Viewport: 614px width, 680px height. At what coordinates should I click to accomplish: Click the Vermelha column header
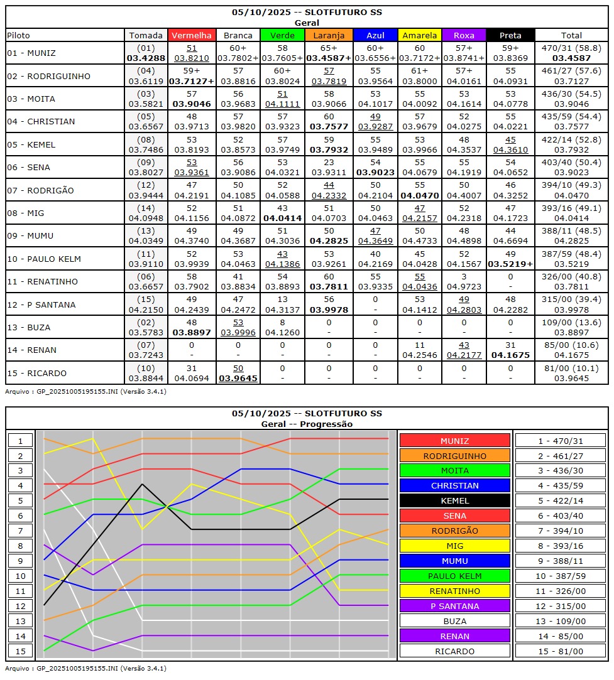tap(192, 36)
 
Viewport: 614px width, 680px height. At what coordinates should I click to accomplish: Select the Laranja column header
tap(329, 36)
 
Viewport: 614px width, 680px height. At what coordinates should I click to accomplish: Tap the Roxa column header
tap(465, 36)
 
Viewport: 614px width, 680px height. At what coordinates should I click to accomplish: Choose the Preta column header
tap(510, 36)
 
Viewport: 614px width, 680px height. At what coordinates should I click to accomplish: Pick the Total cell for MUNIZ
tap(571, 53)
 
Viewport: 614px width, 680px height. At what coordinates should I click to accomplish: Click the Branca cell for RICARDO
tap(238, 373)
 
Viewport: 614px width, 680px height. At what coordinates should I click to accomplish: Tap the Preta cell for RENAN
tap(510, 350)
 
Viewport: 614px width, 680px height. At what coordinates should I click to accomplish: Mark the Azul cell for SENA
tap(375, 167)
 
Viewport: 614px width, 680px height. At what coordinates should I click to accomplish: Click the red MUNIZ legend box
tap(454, 441)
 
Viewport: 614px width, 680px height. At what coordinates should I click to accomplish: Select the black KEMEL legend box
tap(454, 500)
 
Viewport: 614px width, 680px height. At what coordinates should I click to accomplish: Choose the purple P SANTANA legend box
tap(454, 606)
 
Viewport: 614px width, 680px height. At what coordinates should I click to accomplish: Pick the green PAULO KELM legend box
tap(454, 576)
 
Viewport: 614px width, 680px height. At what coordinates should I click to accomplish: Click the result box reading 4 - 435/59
tap(561, 485)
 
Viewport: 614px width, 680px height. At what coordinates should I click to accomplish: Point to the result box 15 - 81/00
tap(561, 651)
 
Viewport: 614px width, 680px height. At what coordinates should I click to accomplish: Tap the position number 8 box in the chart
tap(20, 546)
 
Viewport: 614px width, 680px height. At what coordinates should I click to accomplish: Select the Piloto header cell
tap(19, 36)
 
